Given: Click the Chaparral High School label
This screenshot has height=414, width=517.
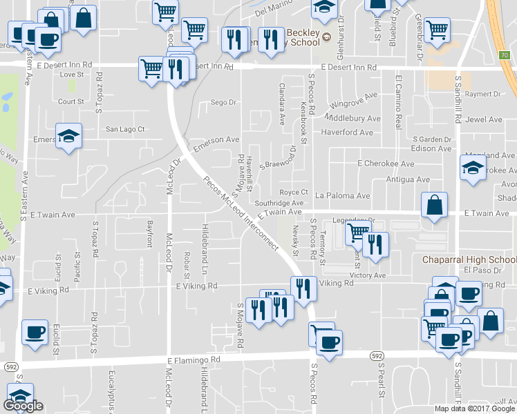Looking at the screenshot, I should click(469, 260).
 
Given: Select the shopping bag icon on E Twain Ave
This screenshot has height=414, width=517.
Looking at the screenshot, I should click(433, 206).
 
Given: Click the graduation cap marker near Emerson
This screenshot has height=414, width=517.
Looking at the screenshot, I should click(68, 135).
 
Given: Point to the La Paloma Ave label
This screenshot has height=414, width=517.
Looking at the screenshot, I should click(342, 196).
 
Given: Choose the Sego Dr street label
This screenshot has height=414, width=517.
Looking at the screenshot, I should click(223, 102).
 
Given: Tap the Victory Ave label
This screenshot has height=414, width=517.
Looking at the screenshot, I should click(367, 275).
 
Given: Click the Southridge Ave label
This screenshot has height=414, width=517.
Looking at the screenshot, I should click(279, 204).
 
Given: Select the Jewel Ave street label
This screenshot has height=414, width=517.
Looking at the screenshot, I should click(485, 119).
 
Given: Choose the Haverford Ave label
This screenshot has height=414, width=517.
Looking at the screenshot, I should click(347, 132).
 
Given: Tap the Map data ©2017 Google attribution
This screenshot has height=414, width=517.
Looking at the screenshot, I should click(474, 408).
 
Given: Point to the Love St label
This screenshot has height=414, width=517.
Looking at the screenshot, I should click(71, 75).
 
